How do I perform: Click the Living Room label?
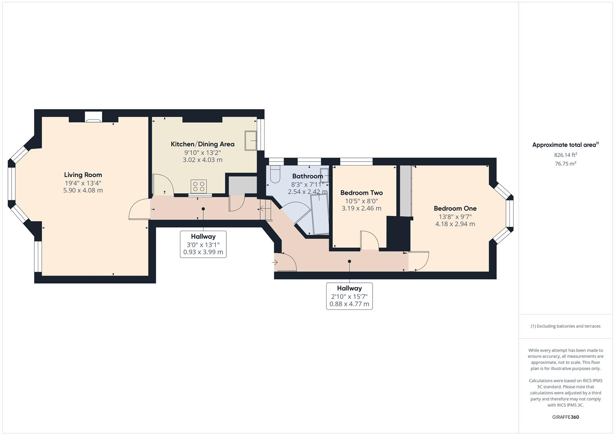pyautogui.click(x=83, y=175)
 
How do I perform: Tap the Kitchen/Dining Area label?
pyautogui.click(x=202, y=144)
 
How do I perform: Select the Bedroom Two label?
pyautogui.click(x=361, y=193)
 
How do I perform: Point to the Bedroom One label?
pyautogui.click(x=455, y=209)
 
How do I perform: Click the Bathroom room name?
pyautogui.click(x=307, y=176)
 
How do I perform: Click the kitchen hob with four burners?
pyautogui.click(x=199, y=186)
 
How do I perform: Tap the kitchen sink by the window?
pyautogui.click(x=250, y=141)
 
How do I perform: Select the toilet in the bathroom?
pyautogui.click(x=275, y=174)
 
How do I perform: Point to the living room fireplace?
pyautogui.click(x=93, y=117)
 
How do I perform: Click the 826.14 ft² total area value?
pyautogui.click(x=565, y=155)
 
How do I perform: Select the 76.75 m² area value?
pyautogui.click(x=565, y=164)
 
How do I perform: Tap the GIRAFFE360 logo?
pyautogui.click(x=565, y=417)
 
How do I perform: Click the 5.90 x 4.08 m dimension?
pyautogui.click(x=83, y=191)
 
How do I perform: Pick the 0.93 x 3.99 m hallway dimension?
pyautogui.click(x=203, y=253)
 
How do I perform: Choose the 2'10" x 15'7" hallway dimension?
pyautogui.click(x=349, y=296)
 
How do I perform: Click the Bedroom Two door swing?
pyautogui.click(x=369, y=240)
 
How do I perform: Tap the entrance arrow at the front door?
pyautogui.click(x=275, y=263)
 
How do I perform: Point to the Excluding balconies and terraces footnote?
pyautogui.click(x=565, y=326)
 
